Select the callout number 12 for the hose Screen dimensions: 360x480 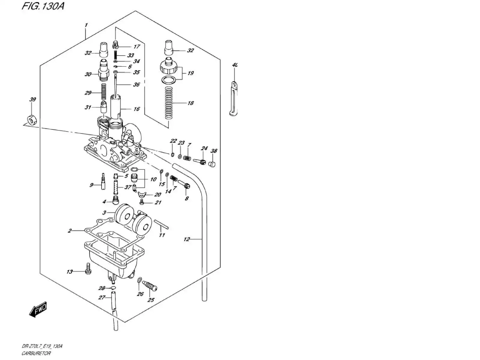(x=187, y=239)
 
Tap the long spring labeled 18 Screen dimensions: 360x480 (x=169, y=103)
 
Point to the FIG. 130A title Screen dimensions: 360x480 (x=43, y=6)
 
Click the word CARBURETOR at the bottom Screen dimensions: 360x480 (x=36, y=353)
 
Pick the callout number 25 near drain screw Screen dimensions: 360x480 (x=151, y=300)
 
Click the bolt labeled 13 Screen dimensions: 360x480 (x=88, y=268)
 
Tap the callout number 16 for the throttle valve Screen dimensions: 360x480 (x=136, y=109)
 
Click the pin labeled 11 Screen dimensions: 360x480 (x=161, y=224)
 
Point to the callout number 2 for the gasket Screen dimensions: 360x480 (x=70, y=231)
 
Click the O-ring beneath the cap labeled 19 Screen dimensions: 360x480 (x=169, y=80)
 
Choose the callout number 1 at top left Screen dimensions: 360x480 (x=86, y=25)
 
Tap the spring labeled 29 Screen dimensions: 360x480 (x=104, y=92)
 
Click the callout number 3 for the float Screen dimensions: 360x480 (x=104, y=213)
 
